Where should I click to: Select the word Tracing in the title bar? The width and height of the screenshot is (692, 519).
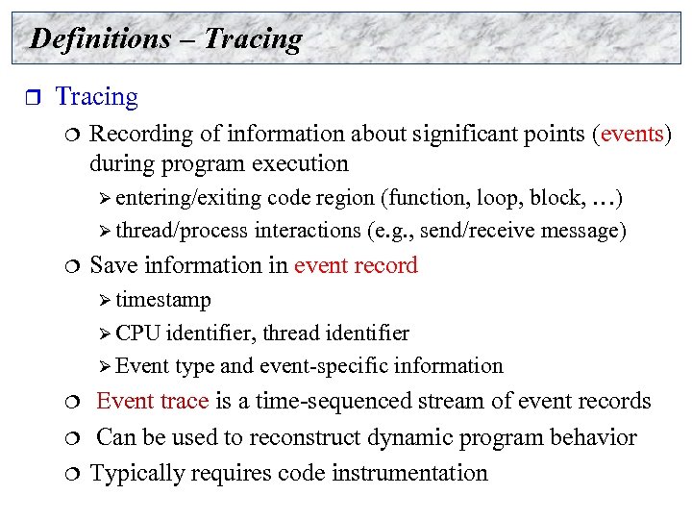(253, 38)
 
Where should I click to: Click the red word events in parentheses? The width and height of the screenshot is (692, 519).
(631, 133)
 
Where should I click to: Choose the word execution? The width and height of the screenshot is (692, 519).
(300, 163)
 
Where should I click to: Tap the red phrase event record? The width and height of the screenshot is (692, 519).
(356, 265)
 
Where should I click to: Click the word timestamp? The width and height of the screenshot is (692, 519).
(163, 300)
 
